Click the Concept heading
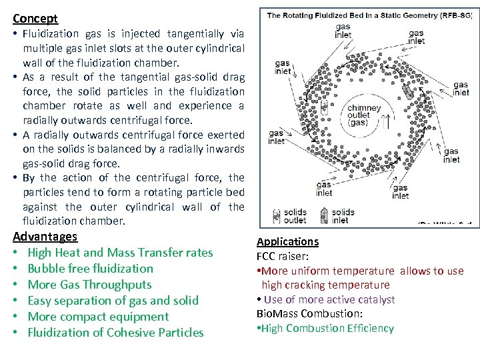pyautogui.click(x=35, y=19)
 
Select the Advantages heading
pyautogui.click(x=45, y=237)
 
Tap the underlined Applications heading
pyautogui.click(x=287, y=241)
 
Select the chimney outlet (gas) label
pyautogui.click(x=364, y=115)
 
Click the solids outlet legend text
pyautogui.click(x=295, y=217)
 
